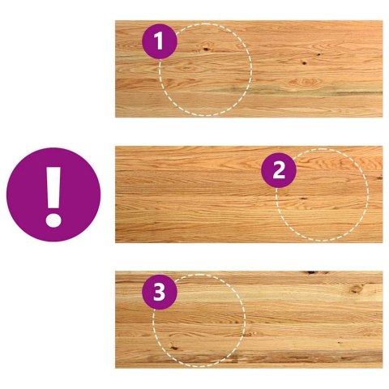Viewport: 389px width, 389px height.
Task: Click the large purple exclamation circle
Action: [x=53, y=194]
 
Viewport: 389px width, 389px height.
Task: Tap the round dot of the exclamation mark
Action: [x=53, y=220]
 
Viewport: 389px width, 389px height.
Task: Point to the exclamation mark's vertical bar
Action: [x=53, y=187]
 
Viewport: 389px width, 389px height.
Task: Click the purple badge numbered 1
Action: [x=160, y=41]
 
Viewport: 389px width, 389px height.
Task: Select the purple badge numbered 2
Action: [x=279, y=170]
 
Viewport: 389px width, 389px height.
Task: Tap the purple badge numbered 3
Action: [x=160, y=292]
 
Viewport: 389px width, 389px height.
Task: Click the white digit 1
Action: [x=159, y=41]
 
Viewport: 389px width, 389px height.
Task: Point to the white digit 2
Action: [x=279, y=170]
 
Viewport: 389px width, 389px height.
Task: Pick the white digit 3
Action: [x=160, y=292]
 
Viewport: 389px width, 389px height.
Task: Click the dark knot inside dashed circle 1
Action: [x=206, y=49]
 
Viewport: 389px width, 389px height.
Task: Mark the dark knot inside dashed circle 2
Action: [x=304, y=199]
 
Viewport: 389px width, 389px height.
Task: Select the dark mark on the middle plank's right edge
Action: [x=379, y=177]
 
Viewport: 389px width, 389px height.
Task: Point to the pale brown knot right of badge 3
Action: [x=356, y=289]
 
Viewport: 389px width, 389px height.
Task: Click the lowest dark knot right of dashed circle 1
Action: [x=304, y=63]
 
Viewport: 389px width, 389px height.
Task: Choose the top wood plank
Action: [x=249, y=69]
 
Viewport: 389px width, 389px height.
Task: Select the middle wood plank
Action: [x=249, y=194]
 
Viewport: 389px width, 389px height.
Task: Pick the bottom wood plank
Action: [x=249, y=319]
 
